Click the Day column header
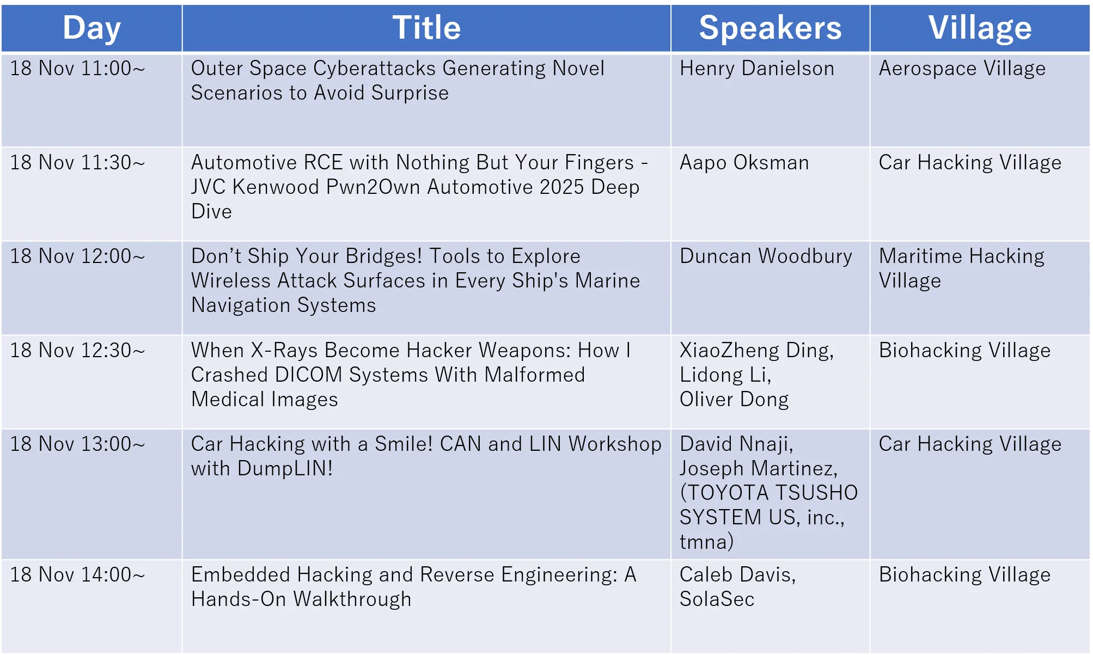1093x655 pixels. pyautogui.click(x=91, y=28)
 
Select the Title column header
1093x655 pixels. pyautogui.click(x=426, y=28)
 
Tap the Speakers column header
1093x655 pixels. pyautogui.click(x=770, y=28)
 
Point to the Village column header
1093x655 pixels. pyautogui.click(x=980, y=28)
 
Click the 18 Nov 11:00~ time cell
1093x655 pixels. pyautogui.click(x=78, y=69)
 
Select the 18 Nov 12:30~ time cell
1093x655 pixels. pyautogui.click(x=78, y=351)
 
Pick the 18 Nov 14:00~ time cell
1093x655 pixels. pyautogui.click(x=78, y=575)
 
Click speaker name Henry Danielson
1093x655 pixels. pyautogui.click(x=757, y=69)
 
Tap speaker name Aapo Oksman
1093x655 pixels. pyautogui.click(x=744, y=163)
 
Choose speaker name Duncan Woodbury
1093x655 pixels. pyautogui.click(x=766, y=256)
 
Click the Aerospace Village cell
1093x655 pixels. pyautogui.click(x=962, y=69)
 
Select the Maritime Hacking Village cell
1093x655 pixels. pyautogui.click(x=962, y=269)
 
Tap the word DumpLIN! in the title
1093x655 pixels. pyautogui.click(x=285, y=469)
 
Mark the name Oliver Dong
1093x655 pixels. pyautogui.click(x=734, y=400)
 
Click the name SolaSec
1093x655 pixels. pyautogui.click(x=717, y=599)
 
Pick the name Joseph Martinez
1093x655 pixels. pyautogui.click(x=759, y=469)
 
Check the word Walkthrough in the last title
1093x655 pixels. pyautogui.click(x=352, y=600)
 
